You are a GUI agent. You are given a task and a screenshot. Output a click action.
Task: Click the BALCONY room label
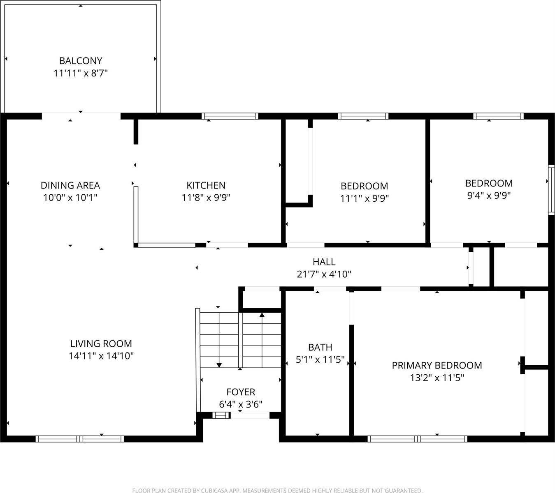tap(81, 61)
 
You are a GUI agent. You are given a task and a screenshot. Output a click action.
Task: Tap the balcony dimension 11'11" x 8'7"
tap(81, 74)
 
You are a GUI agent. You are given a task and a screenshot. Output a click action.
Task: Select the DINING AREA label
tap(70, 185)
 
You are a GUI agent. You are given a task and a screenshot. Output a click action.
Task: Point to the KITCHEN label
tap(206, 185)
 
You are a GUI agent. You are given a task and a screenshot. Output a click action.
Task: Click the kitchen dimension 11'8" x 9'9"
tap(206, 198)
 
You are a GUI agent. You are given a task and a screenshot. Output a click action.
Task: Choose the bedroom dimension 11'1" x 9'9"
tap(365, 198)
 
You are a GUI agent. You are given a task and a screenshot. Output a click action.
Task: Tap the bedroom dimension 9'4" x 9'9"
tap(489, 196)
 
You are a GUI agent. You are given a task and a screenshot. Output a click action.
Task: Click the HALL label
tap(324, 262)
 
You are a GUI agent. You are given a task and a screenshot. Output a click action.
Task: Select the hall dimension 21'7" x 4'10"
tap(324, 274)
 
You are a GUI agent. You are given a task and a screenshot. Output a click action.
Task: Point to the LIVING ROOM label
tap(101, 343)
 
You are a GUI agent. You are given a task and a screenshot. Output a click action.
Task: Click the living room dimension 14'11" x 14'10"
tap(101, 356)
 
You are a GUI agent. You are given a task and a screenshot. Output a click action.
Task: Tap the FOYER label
tap(241, 392)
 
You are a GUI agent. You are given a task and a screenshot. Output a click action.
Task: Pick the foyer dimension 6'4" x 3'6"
tap(241, 404)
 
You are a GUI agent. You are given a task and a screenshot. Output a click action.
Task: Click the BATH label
tap(320, 348)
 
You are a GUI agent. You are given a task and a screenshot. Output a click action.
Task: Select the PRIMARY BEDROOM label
tap(437, 365)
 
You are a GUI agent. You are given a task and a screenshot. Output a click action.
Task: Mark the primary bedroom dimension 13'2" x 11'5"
tap(437, 378)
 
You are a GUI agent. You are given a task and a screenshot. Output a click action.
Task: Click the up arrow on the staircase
tap(262, 316)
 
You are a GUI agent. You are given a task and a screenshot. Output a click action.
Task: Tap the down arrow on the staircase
tap(219, 364)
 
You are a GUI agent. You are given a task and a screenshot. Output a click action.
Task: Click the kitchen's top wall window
tap(230, 116)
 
